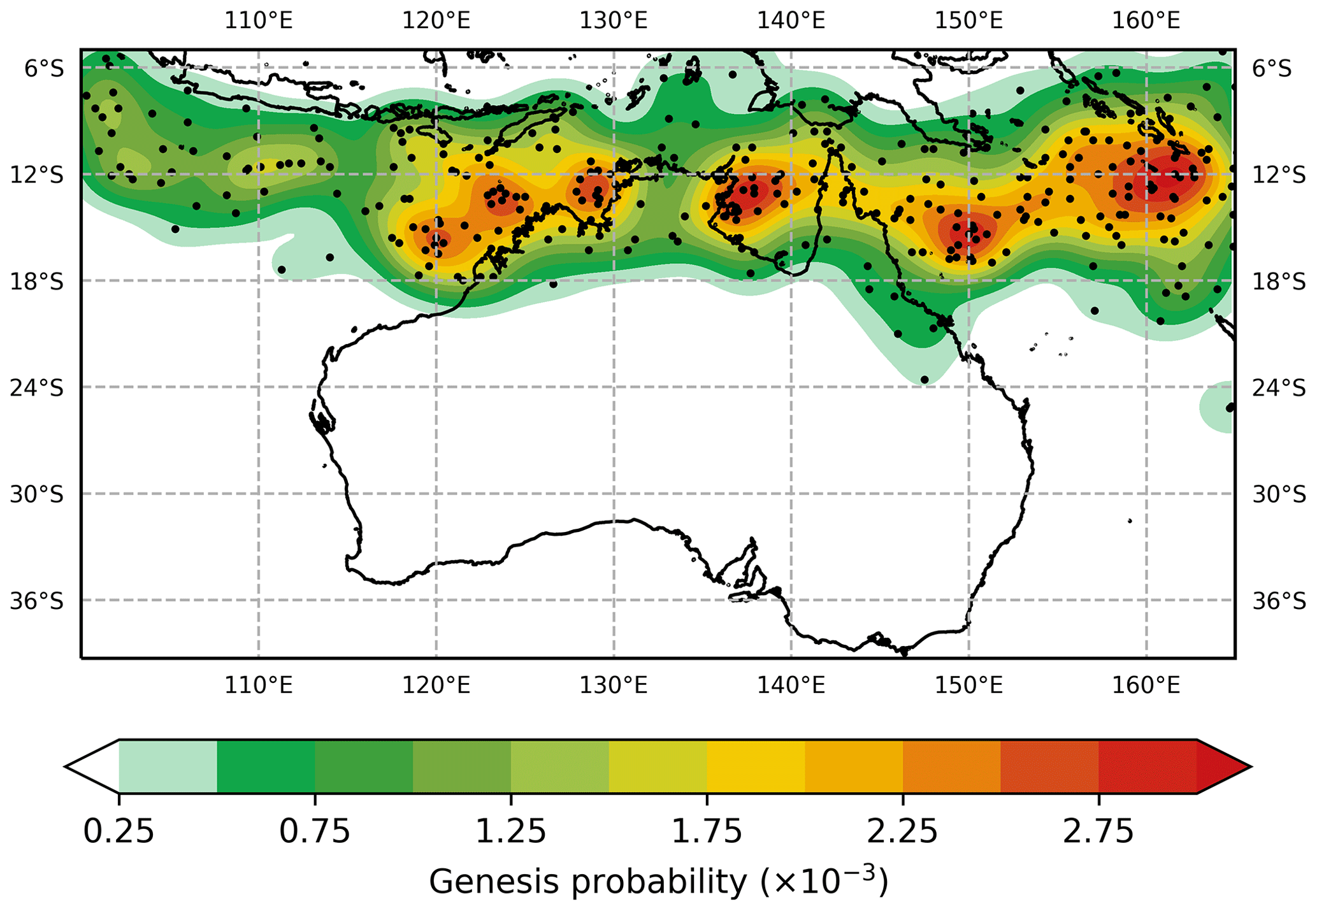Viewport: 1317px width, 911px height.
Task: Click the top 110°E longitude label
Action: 258,20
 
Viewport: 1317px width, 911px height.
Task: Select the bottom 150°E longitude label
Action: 968,685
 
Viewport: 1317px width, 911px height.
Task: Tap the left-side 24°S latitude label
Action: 37,387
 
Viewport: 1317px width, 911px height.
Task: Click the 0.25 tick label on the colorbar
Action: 119,832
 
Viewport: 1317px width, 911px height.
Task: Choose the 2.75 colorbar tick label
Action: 1098,832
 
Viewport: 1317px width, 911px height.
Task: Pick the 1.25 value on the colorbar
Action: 511,832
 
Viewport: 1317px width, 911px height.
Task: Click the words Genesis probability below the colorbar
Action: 586,883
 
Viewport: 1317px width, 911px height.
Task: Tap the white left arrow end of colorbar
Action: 92,766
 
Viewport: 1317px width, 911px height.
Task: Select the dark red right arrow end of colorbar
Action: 1222,766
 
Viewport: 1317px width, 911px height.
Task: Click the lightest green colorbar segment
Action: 168,766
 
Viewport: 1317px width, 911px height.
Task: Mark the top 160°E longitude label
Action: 1146,20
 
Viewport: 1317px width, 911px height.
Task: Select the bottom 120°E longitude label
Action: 436,685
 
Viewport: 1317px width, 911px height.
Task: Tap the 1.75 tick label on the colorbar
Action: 707,832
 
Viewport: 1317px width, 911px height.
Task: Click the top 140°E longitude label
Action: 791,20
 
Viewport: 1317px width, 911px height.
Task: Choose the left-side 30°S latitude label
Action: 37,494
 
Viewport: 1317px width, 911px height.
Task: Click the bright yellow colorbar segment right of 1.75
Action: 756,766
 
